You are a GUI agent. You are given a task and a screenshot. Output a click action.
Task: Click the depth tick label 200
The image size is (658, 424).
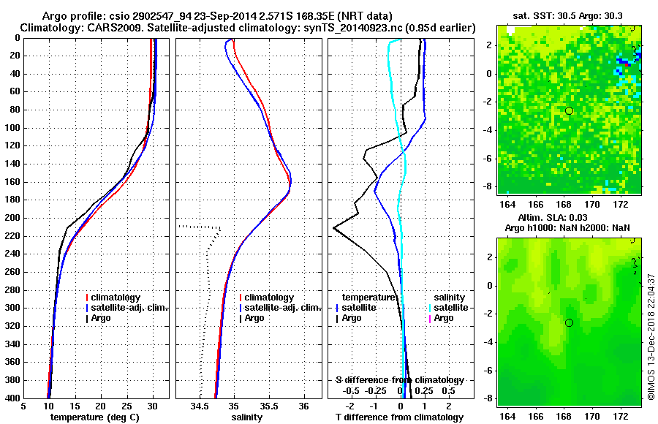(x=13, y=218)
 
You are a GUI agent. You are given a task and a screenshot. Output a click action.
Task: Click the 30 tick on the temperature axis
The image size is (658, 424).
(x=153, y=406)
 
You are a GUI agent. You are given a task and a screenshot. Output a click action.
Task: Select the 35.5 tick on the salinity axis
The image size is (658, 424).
(x=269, y=406)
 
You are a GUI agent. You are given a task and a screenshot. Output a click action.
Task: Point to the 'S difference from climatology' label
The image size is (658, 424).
(x=399, y=380)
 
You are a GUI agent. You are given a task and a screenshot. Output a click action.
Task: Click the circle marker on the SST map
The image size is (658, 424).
(x=569, y=110)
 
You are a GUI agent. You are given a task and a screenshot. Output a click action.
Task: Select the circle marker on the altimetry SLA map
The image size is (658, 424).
(x=569, y=322)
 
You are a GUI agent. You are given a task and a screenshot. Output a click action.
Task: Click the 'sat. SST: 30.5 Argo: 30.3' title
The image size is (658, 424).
(x=569, y=15)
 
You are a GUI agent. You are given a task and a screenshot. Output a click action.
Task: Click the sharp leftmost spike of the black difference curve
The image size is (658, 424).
(x=334, y=228)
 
